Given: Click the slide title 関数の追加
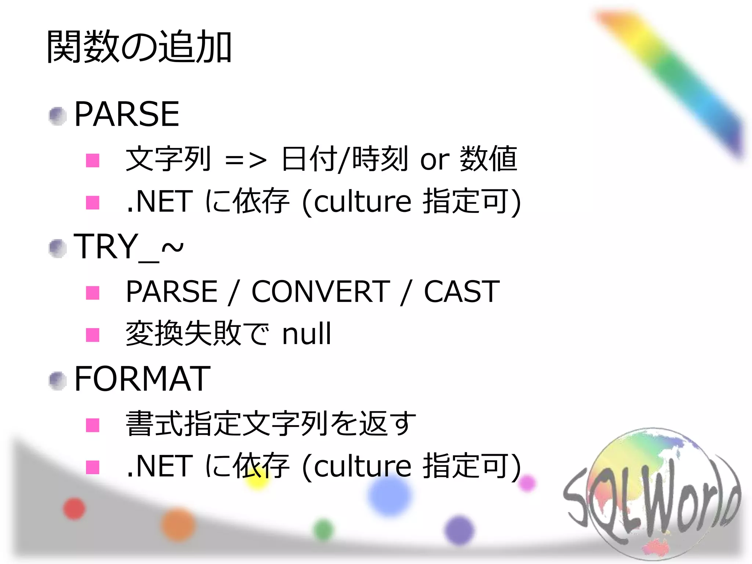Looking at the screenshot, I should pos(139,47).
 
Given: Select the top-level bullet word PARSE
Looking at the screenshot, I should pos(127,114).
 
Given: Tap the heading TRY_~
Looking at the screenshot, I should pos(128,247).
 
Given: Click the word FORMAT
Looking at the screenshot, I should pos(142,379).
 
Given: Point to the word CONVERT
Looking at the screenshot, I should pos(320,292).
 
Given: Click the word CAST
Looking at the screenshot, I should pos(462,292).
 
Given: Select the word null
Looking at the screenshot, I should pos(307,334).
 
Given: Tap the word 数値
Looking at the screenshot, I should pos(488,159).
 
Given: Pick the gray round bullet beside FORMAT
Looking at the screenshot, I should pos(58,381).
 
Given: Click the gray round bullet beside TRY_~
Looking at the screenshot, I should pos(58,248).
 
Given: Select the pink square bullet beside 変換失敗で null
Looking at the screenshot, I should pos(93,335).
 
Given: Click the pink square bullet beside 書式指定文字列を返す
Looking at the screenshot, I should pos(93,425).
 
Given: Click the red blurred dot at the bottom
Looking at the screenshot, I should pos(74,509).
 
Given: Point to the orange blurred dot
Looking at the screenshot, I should pos(178,525).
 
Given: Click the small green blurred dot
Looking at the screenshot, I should pos(323,530).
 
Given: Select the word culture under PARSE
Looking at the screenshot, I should pos(362,202).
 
